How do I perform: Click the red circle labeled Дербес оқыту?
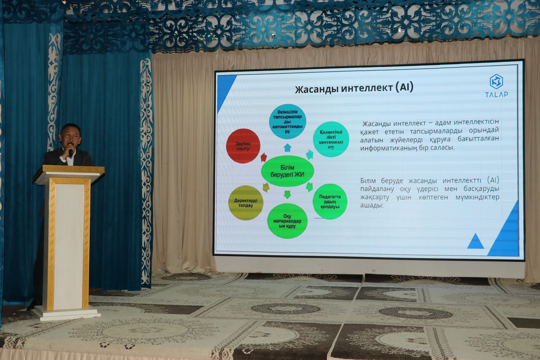tap(243, 146)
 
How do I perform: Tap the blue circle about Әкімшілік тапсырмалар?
tap(287, 122)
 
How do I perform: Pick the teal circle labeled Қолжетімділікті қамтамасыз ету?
tap(331, 139)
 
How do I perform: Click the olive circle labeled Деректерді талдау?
tap(245, 203)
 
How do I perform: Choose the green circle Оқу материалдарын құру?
tap(287, 221)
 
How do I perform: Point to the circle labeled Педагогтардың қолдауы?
tap(330, 201)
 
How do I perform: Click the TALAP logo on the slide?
tap(496, 86)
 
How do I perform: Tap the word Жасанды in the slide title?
tap(316, 89)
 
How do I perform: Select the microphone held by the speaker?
tap(70, 149)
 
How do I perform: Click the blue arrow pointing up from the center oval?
tap(287, 148)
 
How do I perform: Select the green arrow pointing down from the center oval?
tap(287, 195)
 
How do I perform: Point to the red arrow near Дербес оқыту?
tap(264, 157)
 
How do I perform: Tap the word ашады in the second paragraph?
tap(372, 205)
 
